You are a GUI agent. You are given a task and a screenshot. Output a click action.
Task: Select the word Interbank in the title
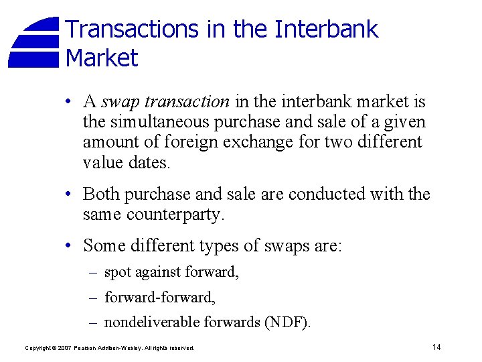click(x=327, y=29)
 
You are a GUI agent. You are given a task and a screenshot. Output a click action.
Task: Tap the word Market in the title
click(x=102, y=58)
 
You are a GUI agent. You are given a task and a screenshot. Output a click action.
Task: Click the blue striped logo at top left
click(x=34, y=43)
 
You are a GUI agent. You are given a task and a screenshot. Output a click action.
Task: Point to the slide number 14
click(x=436, y=347)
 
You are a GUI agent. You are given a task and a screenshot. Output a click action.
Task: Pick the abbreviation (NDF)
click(x=288, y=322)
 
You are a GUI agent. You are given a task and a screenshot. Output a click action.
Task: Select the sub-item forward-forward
click(x=159, y=297)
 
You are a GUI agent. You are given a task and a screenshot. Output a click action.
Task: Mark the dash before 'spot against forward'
click(x=93, y=272)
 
